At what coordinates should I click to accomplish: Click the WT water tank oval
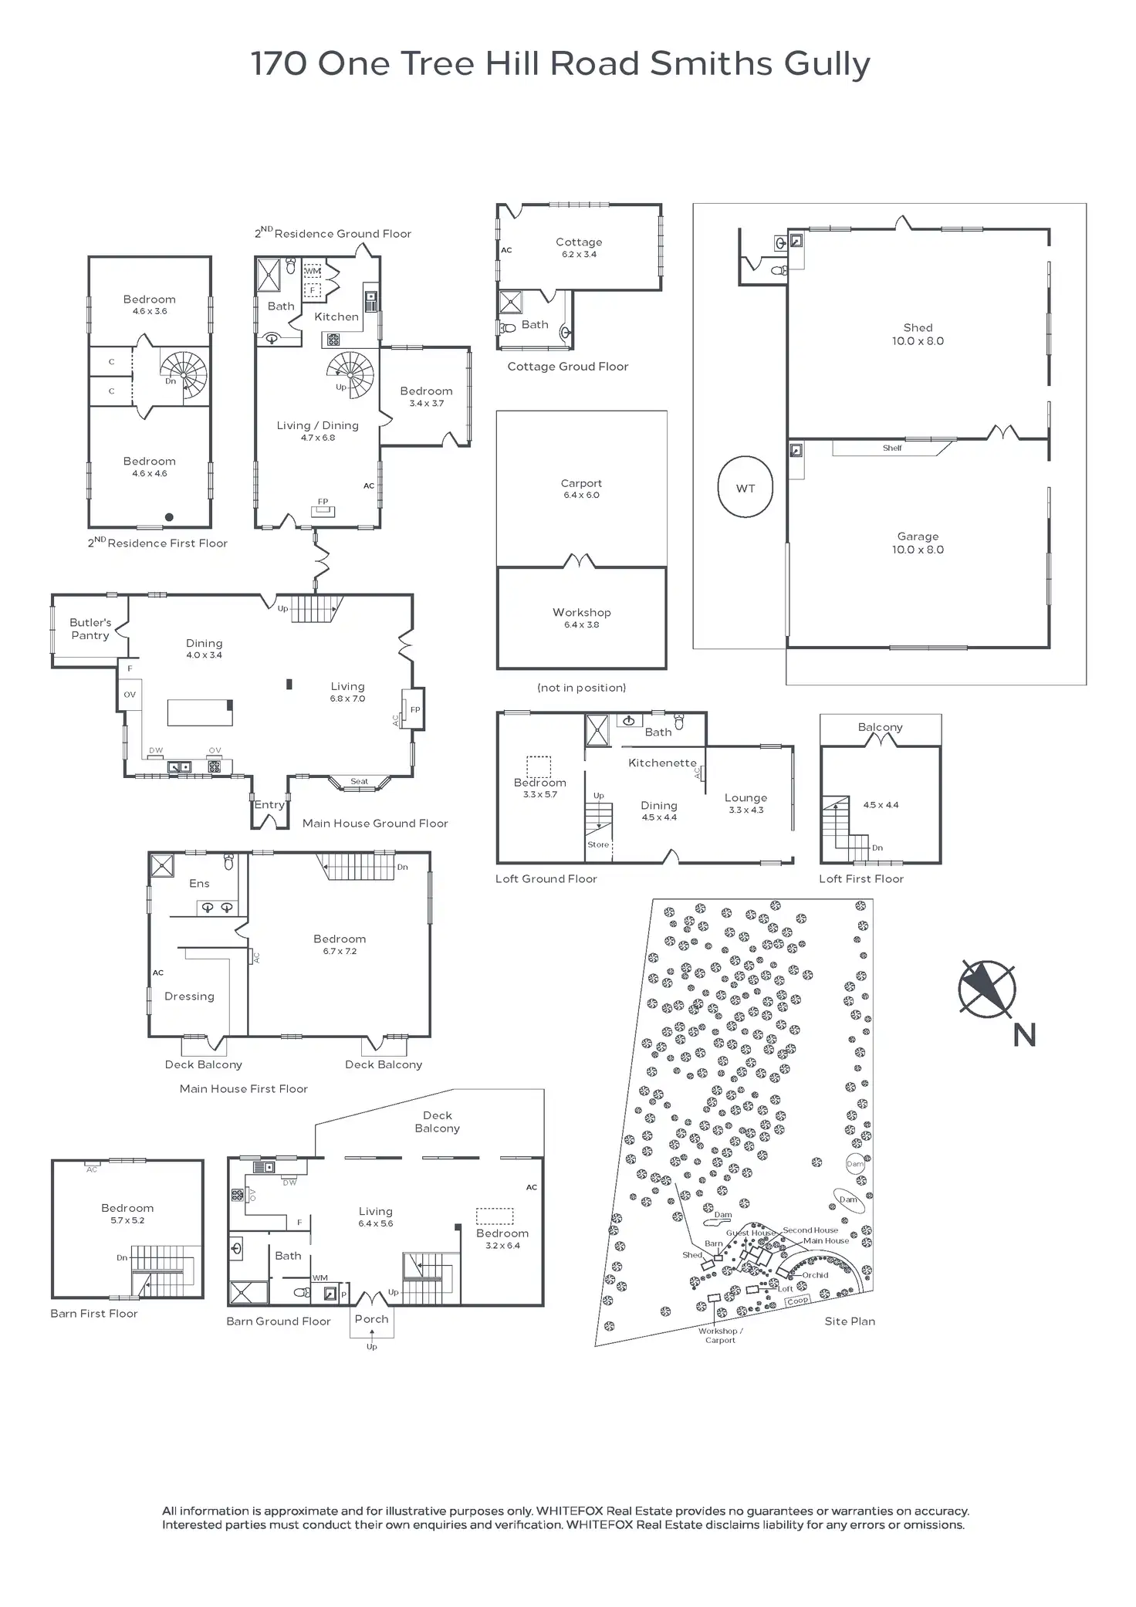pos(745,487)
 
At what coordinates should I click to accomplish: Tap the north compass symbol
pos(987,989)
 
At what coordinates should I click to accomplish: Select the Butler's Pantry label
pos(90,628)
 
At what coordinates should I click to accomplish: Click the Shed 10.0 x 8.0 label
pos(918,334)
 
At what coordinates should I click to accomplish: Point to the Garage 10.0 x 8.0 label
pos(918,543)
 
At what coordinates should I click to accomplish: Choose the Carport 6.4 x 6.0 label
pos(581,489)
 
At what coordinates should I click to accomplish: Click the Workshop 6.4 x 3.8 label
pos(581,617)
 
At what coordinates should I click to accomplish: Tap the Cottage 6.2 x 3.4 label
pos(579,247)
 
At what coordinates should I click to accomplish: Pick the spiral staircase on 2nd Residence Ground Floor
pos(351,374)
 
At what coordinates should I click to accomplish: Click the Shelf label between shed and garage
pos(892,448)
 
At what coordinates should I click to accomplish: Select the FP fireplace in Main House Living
pos(414,710)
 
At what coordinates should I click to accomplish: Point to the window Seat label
pos(359,781)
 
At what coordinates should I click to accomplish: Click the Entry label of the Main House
pos(269,804)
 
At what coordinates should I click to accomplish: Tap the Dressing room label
pos(189,996)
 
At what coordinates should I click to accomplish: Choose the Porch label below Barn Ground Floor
pos(371,1319)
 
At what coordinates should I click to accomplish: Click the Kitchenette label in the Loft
pos(662,763)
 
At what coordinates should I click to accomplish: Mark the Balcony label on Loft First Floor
pos(880,727)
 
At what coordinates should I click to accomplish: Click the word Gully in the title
pos(827,64)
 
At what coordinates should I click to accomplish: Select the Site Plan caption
pos(850,1321)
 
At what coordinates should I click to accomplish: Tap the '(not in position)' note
pos(581,687)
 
